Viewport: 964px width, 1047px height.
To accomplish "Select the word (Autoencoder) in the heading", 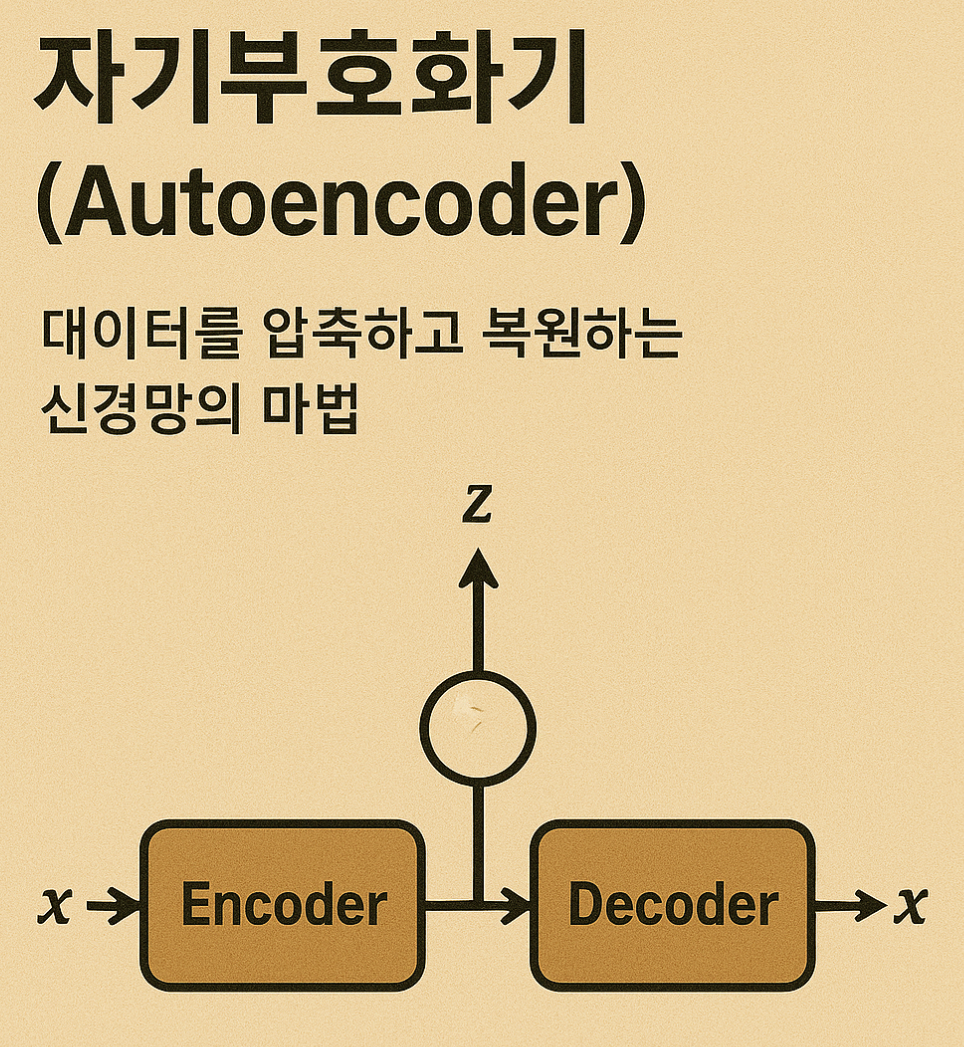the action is coord(340,211).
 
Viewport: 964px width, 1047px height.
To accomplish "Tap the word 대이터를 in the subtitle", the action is coord(139,337).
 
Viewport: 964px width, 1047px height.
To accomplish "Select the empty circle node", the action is coord(477,726).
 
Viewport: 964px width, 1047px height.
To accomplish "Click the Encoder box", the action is coord(283,906).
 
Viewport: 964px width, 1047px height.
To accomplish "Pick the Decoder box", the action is coord(672,906).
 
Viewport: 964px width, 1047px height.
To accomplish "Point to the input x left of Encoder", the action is coord(54,906).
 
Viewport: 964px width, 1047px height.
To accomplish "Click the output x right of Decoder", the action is coord(909,906).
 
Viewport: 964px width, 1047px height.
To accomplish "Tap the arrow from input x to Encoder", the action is coord(116,907).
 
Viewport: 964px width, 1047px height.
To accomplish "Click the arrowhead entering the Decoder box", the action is coord(518,907).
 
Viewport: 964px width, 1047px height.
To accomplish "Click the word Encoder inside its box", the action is coord(283,906).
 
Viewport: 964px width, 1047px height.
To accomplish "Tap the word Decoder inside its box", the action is coord(672,906).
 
